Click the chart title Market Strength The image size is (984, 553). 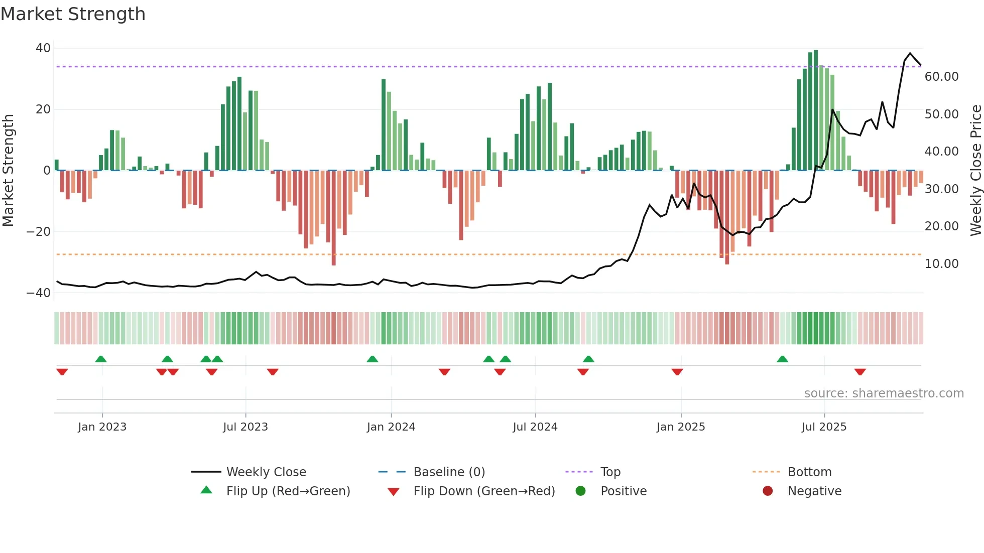73,14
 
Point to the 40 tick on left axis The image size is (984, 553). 43,48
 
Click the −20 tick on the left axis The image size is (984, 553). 39,232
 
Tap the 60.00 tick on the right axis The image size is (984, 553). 941,77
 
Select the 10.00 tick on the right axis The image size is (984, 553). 941,264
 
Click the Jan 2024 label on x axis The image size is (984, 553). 391,427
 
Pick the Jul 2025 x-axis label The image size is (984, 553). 824,427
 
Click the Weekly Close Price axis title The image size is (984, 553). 975,171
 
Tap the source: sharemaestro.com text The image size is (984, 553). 884,393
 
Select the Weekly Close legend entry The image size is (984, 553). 266,472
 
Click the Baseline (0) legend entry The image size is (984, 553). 449,472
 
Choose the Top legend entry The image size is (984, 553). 610,472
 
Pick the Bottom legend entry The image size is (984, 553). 809,472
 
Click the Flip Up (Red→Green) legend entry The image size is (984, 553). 288,491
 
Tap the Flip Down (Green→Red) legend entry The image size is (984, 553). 484,491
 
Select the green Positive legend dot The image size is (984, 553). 581,491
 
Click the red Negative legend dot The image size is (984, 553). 768,491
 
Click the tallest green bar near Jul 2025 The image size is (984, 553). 816,110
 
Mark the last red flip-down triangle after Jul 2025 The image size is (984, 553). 860,372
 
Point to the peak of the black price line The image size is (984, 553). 910,53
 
